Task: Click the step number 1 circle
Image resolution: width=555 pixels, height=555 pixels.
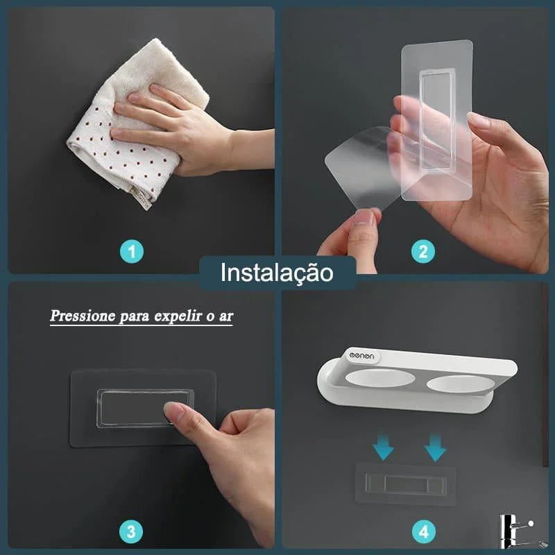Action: pos(133,252)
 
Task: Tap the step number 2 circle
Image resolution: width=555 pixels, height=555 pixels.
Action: pos(422,252)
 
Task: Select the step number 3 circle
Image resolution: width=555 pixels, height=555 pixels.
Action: pos(131,532)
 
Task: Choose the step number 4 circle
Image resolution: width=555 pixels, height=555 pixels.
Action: pos(422,532)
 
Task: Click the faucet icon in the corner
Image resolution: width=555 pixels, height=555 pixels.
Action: pos(513,531)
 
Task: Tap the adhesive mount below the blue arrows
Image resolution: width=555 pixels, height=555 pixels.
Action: pos(407,484)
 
